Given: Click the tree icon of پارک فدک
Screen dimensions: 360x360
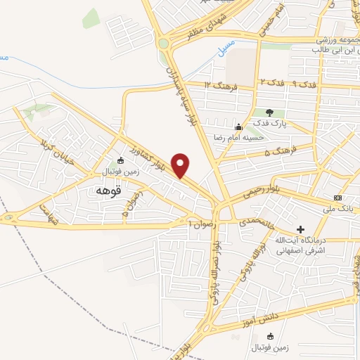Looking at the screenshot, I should coord(270,112).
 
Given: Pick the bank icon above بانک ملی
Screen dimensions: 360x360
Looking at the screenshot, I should coord(338,198).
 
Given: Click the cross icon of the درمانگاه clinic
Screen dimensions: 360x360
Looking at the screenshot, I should coord(301,229).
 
